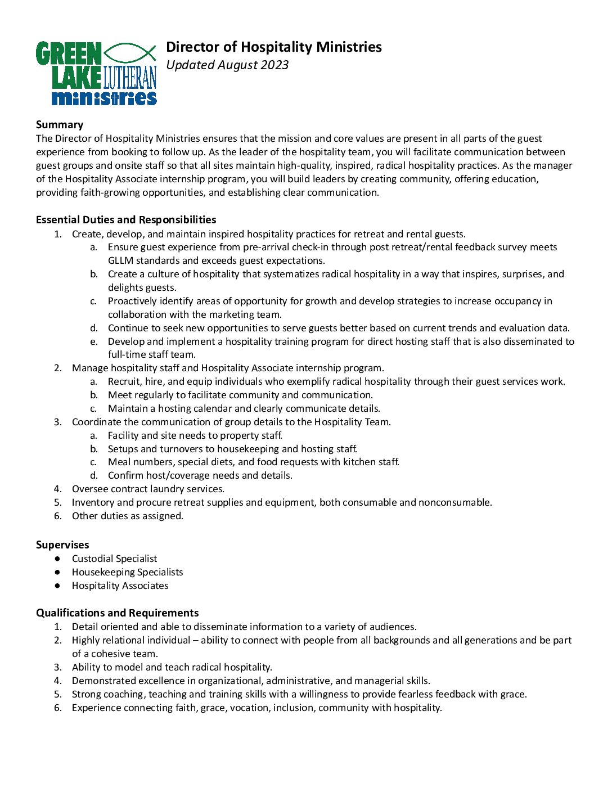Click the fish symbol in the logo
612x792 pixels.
tap(130, 53)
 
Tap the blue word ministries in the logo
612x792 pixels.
tap(104, 98)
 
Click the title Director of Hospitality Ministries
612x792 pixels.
tap(273, 47)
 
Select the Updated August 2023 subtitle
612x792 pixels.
tap(227, 65)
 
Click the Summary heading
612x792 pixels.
tap(60, 125)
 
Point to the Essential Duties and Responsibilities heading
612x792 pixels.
tap(126, 219)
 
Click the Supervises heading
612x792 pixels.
tap(62, 544)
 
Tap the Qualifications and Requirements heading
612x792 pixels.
tap(117, 613)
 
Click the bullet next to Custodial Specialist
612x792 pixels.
tap(57, 559)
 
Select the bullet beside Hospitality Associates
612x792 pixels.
tap(57, 586)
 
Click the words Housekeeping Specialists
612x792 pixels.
tap(127, 572)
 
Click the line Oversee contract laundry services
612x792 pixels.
tap(148, 489)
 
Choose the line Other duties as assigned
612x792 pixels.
tap(127, 516)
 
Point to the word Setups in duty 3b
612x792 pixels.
tap(123, 449)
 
